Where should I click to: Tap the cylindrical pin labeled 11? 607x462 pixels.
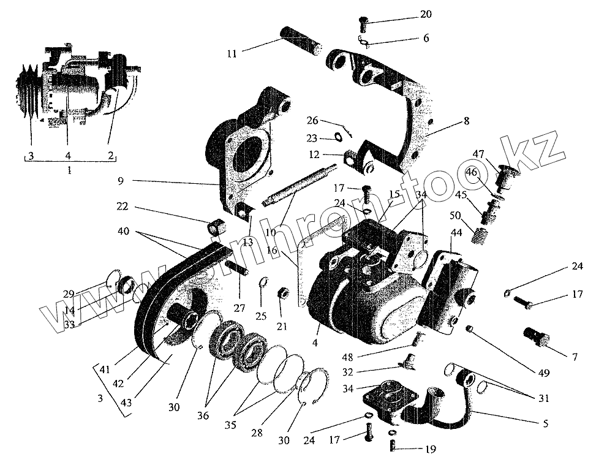click(302, 40)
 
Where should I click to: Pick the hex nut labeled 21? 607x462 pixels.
click(284, 293)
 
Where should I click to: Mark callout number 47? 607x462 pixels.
click(478, 153)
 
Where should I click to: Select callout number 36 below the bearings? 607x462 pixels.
click(203, 415)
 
